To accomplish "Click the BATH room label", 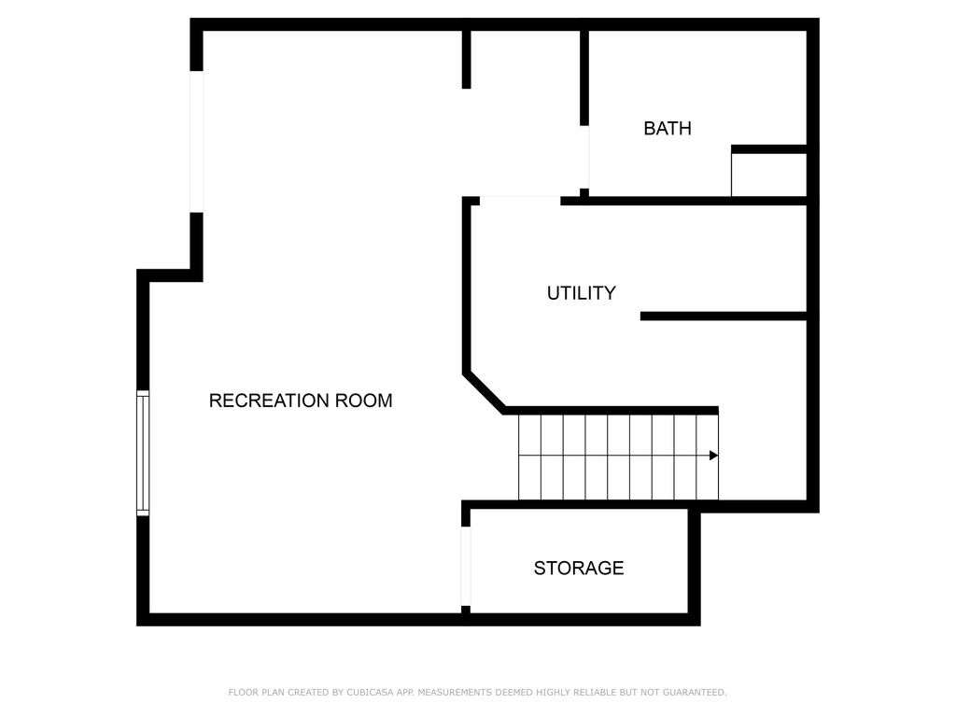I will pos(668,129).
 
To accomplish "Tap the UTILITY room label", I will pos(581,293).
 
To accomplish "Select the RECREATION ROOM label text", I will pos(300,401).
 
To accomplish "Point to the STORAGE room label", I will pos(579,568).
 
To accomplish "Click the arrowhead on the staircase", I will pos(713,456).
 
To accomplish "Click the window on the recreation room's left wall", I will pos(143,453).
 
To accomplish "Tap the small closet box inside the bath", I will pos(768,175).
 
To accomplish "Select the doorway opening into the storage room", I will pos(466,566).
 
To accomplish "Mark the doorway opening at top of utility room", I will pos(519,199).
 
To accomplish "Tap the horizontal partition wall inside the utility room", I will pos(724,316).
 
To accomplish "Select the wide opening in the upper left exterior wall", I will pos(196,141).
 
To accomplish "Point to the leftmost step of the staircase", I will pos(529,457).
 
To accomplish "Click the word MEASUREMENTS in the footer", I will pos(458,693).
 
